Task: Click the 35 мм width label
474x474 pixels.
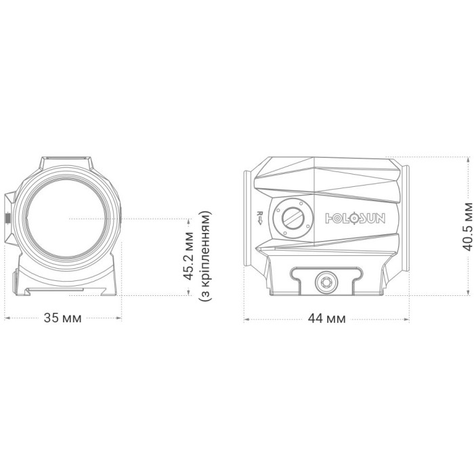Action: (x=62, y=318)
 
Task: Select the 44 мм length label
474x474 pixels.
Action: (x=326, y=319)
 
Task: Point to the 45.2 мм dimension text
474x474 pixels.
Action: (x=189, y=256)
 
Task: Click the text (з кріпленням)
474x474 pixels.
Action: (x=205, y=256)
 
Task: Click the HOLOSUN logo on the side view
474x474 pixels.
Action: (x=355, y=218)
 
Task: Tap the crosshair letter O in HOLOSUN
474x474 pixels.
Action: (x=355, y=218)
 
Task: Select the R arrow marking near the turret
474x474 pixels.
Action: (x=259, y=217)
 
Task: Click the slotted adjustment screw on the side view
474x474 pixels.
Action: (x=293, y=218)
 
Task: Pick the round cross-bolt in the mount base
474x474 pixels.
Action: (x=326, y=282)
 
